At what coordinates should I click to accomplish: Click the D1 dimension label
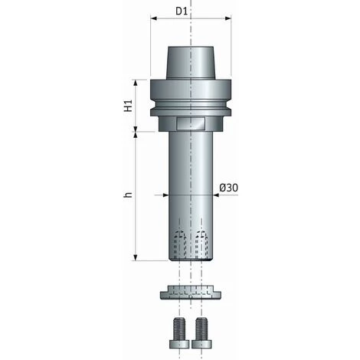pyautogui.click(x=182, y=11)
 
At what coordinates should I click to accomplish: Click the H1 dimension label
pyautogui.click(x=129, y=106)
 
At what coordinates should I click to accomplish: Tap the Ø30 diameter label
pyautogui.click(x=228, y=188)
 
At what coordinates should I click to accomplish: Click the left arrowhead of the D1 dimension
pyautogui.click(x=154, y=18)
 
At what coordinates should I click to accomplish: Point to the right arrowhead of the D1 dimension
pyautogui.click(x=228, y=18)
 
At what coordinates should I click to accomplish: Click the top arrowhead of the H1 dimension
pyautogui.click(x=136, y=83)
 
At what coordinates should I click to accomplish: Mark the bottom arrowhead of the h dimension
pyautogui.click(x=136, y=257)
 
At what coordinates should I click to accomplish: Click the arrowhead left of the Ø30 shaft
pyautogui.click(x=166, y=195)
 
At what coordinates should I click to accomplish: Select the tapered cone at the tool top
pyautogui.click(x=191, y=63)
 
